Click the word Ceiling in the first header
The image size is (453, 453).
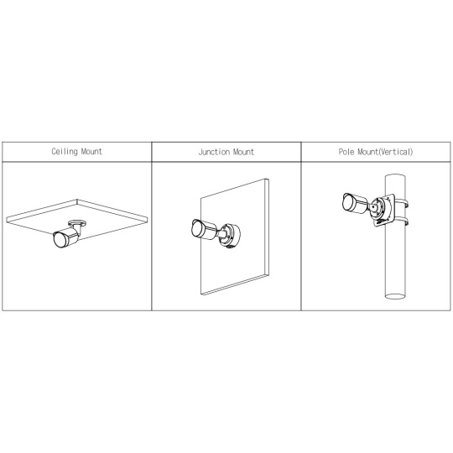(x=65, y=151)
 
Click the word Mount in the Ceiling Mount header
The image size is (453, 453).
(x=91, y=151)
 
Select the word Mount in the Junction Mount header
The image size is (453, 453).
(x=243, y=152)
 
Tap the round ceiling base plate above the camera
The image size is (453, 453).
(x=77, y=223)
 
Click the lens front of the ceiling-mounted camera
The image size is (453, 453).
(x=60, y=240)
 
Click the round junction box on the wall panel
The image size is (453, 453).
(x=230, y=236)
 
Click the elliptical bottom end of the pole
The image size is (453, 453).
(x=395, y=296)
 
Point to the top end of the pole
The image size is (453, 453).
(x=395, y=175)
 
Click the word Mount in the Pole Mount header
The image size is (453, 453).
(x=367, y=152)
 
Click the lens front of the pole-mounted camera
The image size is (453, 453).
(x=347, y=201)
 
